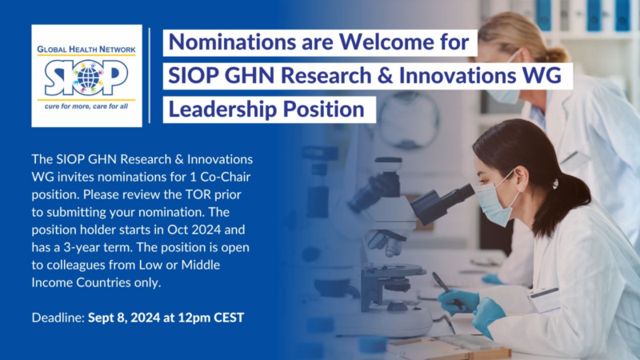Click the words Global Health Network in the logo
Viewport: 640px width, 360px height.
[x=86, y=50]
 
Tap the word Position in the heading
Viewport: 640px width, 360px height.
[x=320, y=108]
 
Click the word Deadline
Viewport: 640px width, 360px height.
[x=55, y=318]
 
